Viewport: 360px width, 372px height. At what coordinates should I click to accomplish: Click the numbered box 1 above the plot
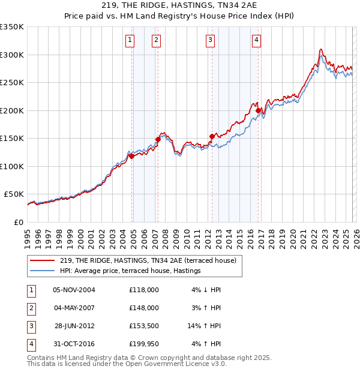click(x=130, y=40)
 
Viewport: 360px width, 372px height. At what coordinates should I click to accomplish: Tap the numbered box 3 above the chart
click(x=211, y=40)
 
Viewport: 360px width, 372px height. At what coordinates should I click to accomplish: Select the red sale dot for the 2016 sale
click(x=258, y=110)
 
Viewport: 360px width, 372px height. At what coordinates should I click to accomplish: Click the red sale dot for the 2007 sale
click(x=158, y=139)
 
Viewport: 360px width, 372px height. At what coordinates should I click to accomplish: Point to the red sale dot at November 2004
click(x=131, y=156)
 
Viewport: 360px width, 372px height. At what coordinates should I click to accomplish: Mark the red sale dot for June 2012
click(x=212, y=136)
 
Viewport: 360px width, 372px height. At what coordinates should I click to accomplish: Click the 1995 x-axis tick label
click(x=28, y=237)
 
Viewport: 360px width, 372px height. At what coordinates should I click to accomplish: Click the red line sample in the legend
click(x=43, y=260)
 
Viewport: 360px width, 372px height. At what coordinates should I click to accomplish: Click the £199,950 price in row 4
click(x=143, y=344)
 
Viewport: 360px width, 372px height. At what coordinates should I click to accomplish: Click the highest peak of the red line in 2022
click(x=322, y=49)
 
